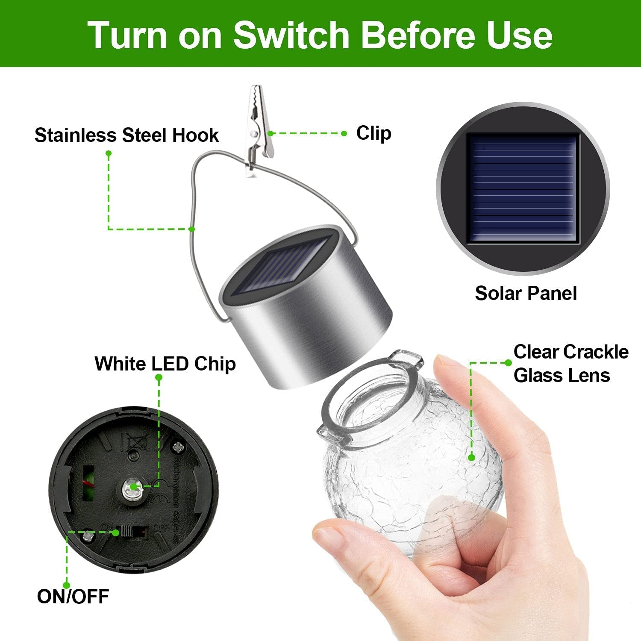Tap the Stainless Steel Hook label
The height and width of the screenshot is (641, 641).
pyautogui.click(x=126, y=135)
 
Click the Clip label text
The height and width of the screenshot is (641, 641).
pyautogui.click(x=373, y=133)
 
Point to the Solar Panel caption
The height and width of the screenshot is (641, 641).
pyautogui.click(x=526, y=294)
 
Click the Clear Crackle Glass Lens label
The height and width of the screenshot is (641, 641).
pyautogui.click(x=570, y=364)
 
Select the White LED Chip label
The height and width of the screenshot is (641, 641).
pyautogui.click(x=165, y=364)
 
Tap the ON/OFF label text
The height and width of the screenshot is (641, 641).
pyautogui.click(x=73, y=597)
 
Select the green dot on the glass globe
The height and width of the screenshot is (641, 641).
pyautogui.click(x=471, y=458)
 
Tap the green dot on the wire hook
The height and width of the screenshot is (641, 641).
pyautogui.click(x=192, y=229)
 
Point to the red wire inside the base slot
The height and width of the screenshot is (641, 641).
pyautogui.click(x=88, y=484)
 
